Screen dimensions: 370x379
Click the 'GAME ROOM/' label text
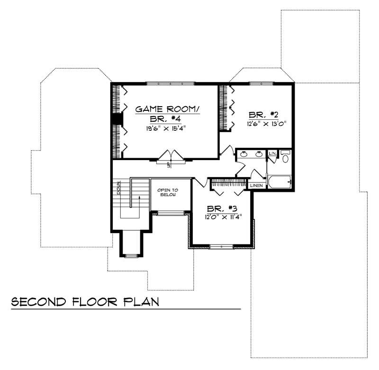[168, 109]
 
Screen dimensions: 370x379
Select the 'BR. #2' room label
[260, 115]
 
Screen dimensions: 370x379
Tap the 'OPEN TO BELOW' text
[168, 192]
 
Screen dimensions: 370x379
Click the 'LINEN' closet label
[256, 185]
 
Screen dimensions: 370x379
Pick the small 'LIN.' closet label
[272, 153]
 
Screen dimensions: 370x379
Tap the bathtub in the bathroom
[280, 182]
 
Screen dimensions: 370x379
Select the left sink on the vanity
[244, 154]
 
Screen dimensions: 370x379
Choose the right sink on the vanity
[259, 154]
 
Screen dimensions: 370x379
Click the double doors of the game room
[169, 156]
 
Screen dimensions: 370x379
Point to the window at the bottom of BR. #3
[221, 246]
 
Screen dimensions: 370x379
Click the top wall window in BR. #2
[262, 83]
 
